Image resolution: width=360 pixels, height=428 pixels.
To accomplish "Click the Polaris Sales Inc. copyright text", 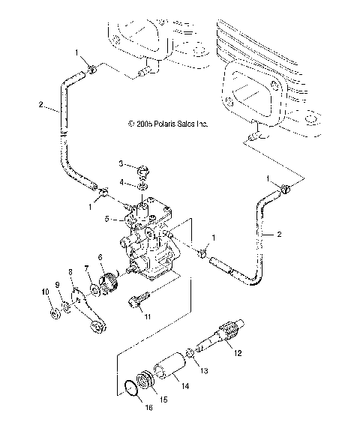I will coord(167,124).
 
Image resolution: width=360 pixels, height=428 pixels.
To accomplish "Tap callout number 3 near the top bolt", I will coord(120,163).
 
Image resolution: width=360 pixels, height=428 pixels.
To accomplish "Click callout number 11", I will coord(147,318).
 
